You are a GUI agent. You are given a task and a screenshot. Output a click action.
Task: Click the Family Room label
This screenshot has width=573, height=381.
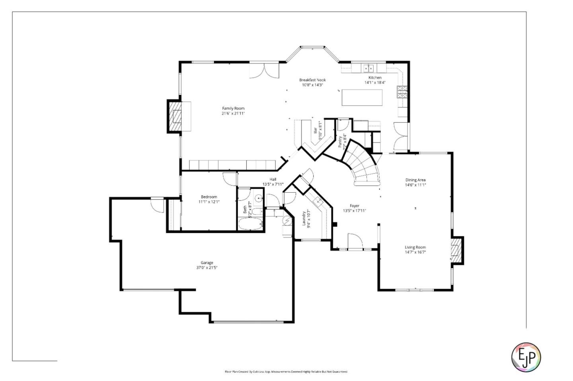click(x=233, y=108)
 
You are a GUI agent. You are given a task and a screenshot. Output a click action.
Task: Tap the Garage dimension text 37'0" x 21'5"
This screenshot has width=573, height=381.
click(x=207, y=268)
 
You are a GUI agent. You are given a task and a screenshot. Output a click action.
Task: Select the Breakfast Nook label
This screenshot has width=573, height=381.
click(x=312, y=80)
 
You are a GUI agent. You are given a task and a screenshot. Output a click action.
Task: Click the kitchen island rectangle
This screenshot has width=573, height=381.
click(x=362, y=98)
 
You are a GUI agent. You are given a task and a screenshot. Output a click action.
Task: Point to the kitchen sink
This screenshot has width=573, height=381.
click(x=368, y=68)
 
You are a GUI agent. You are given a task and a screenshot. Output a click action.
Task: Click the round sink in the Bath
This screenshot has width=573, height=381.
click(x=259, y=197)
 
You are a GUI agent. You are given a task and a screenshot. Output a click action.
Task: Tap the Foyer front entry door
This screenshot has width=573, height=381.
click(x=355, y=242)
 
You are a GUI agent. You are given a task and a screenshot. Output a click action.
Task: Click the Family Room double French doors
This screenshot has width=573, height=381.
click(x=264, y=71)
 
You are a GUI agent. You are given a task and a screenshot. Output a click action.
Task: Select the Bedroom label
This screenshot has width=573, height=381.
click(x=209, y=197)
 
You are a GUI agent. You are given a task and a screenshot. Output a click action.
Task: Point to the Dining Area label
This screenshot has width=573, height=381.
click(x=415, y=180)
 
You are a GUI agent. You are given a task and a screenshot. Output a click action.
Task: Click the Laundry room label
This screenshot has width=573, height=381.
click(x=304, y=218)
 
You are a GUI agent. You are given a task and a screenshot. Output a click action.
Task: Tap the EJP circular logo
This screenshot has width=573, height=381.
click(x=526, y=357)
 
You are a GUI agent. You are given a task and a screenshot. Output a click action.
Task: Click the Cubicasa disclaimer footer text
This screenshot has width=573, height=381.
click(x=286, y=372)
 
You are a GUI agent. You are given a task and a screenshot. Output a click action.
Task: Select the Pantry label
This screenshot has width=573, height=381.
click(x=341, y=141)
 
